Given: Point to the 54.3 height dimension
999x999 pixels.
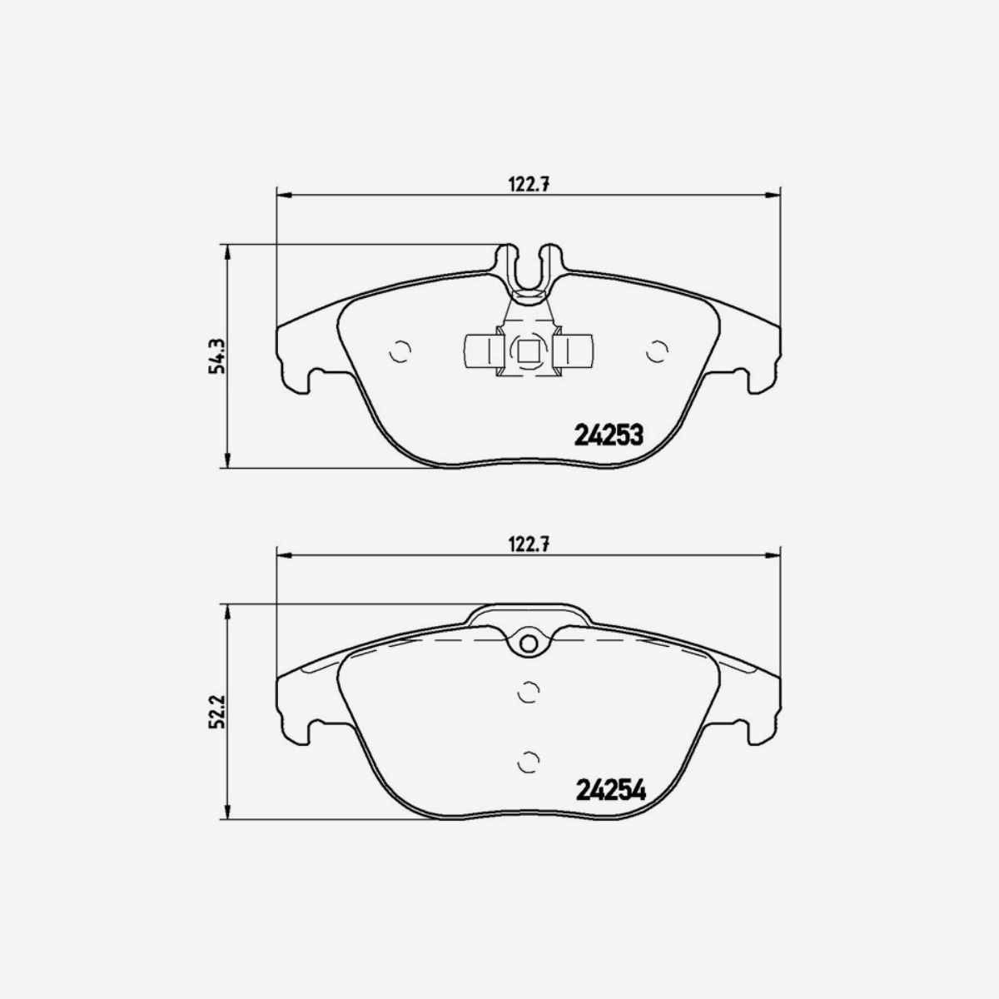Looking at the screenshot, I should point(217,355).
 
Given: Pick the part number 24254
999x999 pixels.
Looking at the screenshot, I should point(610,790).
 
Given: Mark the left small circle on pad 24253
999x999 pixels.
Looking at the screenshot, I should point(400,352).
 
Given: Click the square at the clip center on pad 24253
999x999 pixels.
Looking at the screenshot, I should point(528,352).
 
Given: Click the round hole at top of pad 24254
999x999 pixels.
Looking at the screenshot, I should point(528,643).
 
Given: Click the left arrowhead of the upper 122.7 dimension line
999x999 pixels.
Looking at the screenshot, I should point(284,196).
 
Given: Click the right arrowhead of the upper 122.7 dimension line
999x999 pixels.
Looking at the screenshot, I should point(772,196).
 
